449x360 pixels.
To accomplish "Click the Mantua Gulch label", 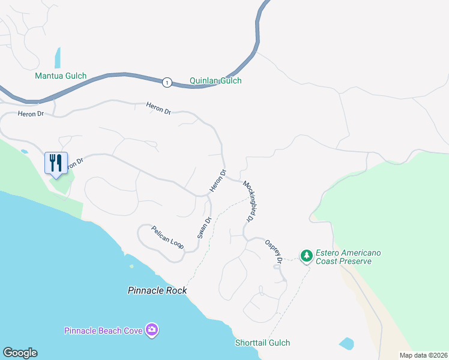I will (61, 76).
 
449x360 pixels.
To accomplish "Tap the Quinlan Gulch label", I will (215, 80).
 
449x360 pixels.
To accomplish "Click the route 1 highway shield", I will (167, 82).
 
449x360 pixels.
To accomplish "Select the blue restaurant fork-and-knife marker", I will (56, 163).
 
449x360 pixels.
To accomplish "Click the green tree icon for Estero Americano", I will (307, 256).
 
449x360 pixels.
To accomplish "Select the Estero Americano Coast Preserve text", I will (348, 257).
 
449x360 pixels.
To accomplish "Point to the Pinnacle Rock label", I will (157, 290).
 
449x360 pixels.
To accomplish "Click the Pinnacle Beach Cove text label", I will (104, 331).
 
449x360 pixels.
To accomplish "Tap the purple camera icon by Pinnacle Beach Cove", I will (152, 329).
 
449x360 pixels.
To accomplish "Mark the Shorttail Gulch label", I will (262, 343).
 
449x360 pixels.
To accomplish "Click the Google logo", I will (20, 352).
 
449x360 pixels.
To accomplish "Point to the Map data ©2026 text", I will (423, 355).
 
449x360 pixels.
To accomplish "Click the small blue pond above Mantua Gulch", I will (58, 58).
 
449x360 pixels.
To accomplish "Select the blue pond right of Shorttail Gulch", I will (346, 344).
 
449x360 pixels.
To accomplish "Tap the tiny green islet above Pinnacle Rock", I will (131, 266).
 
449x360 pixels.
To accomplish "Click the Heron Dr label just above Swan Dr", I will (218, 182).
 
